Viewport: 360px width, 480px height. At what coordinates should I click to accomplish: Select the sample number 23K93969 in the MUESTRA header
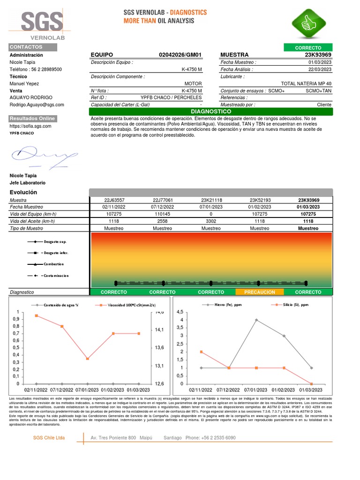tap(318, 55)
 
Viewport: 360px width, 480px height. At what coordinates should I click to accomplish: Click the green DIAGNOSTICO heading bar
tap(210, 112)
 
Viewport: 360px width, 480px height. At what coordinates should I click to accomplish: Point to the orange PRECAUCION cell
tap(259, 292)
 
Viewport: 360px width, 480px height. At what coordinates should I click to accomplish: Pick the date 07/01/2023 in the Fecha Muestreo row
tap(211, 207)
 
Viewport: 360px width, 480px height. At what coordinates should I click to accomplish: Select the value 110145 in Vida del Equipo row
tap(163, 214)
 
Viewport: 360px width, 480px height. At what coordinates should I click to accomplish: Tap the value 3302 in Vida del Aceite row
tap(211, 221)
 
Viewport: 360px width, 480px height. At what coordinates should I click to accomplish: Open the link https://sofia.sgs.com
tap(30, 126)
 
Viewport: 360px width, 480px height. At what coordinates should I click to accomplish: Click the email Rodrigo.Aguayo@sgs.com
tap(37, 105)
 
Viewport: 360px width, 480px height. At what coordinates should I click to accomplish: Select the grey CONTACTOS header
tap(33, 47)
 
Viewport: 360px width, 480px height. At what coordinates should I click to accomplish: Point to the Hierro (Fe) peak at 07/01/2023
tap(256, 320)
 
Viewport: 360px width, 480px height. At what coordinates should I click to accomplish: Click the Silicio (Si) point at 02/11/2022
tap(201, 352)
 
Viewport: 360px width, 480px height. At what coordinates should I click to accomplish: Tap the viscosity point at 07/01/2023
tap(88, 359)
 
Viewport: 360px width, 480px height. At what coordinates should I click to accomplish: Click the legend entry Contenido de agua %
tap(61, 305)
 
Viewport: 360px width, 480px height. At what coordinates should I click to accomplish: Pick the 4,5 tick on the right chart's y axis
tap(180, 312)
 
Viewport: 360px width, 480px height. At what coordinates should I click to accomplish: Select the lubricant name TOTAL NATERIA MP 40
tap(306, 83)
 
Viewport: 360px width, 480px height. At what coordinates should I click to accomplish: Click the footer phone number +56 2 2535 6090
tap(219, 438)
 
